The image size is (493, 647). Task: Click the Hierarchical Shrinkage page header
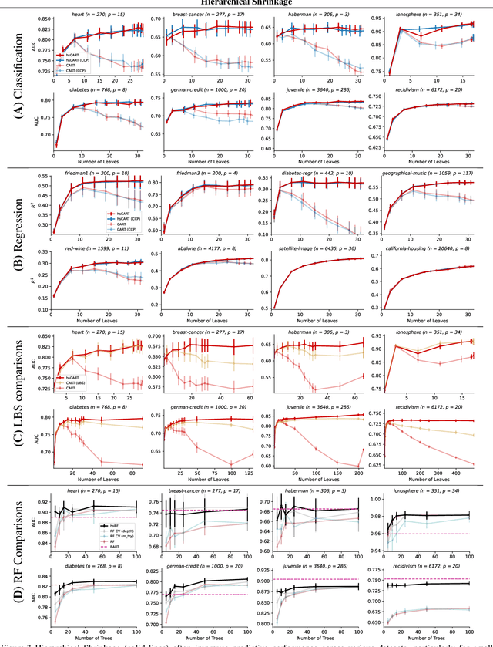246,2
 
